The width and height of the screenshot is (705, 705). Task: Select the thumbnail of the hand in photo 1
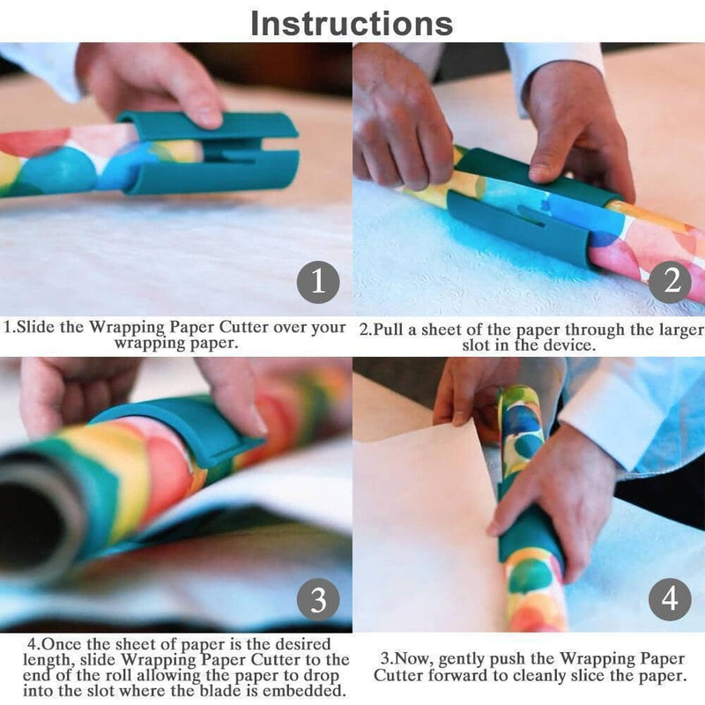[x=208, y=115]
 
